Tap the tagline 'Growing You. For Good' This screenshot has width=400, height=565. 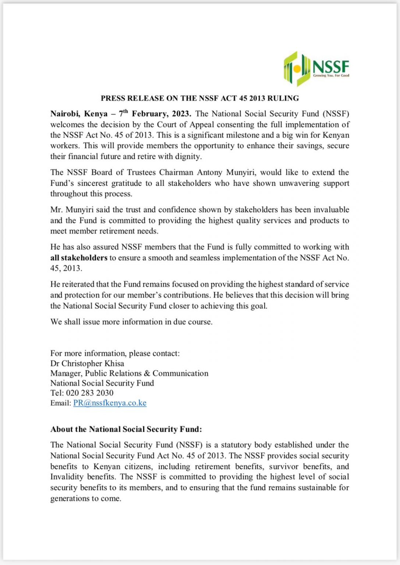pyautogui.click(x=331, y=75)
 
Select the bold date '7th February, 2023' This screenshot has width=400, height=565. pyautogui.click(x=155, y=114)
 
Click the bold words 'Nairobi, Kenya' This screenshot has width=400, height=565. pyautogui.click(x=79, y=114)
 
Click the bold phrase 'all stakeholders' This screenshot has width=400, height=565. pyautogui.click(x=79, y=258)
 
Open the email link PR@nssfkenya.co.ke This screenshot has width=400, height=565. pyautogui.click(x=110, y=403)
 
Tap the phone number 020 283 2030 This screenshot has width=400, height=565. pyautogui.click(x=90, y=393)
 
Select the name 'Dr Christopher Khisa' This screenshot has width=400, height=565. pyautogui.click(x=87, y=363)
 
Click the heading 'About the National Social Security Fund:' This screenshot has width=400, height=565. pyautogui.click(x=126, y=429)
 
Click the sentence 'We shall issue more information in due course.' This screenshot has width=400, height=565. pyautogui.click(x=131, y=322)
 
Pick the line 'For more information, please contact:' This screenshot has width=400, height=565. pyautogui.click(x=115, y=353)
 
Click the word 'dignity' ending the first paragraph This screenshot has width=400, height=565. pyautogui.click(x=189, y=156)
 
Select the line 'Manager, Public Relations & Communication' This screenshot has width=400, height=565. pyautogui.click(x=129, y=373)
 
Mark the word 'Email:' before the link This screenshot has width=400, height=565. pyautogui.click(x=61, y=403)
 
